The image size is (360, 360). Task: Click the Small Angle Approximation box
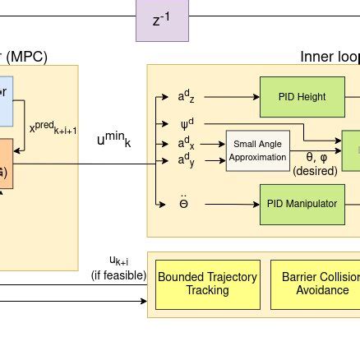point(258,149)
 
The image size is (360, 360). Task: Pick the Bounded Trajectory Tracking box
point(206,284)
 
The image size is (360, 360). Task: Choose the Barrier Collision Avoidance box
point(316,284)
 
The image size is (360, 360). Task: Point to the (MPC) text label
point(26,58)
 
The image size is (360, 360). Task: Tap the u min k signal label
point(113,139)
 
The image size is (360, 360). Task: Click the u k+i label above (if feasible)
point(118,259)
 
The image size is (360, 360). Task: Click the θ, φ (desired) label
point(315,164)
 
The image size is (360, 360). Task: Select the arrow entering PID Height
point(238,97)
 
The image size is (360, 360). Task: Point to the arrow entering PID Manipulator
point(238,202)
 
